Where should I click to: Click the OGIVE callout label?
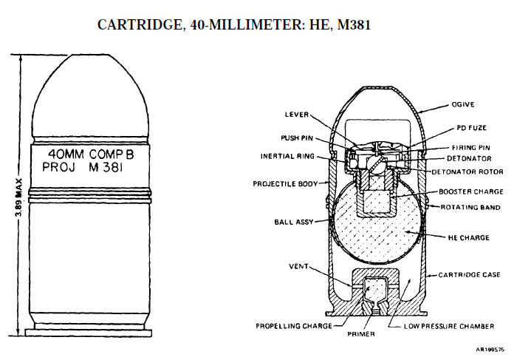click(463, 105)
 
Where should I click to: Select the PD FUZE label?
click(471, 128)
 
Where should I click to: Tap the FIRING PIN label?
click(470, 148)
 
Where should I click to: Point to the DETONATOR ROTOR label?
click(467, 172)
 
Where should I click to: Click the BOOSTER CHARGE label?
click(471, 191)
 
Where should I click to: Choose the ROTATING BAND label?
click(470, 208)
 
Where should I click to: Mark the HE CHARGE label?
click(469, 237)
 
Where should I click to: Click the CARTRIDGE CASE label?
click(470, 275)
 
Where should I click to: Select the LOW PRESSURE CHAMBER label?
click(449, 326)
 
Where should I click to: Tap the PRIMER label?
click(361, 334)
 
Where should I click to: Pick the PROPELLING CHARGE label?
click(294, 326)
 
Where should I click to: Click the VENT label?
click(298, 266)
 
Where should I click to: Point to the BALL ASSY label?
click(294, 223)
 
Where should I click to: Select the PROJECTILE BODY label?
click(286, 184)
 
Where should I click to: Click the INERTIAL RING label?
click(287, 156)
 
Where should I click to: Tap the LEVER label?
click(297, 115)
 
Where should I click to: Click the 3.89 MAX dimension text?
click(19, 197)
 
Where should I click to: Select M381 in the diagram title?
click(354, 25)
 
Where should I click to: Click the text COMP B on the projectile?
click(112, 154)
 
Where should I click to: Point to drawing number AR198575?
click(490, 350)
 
